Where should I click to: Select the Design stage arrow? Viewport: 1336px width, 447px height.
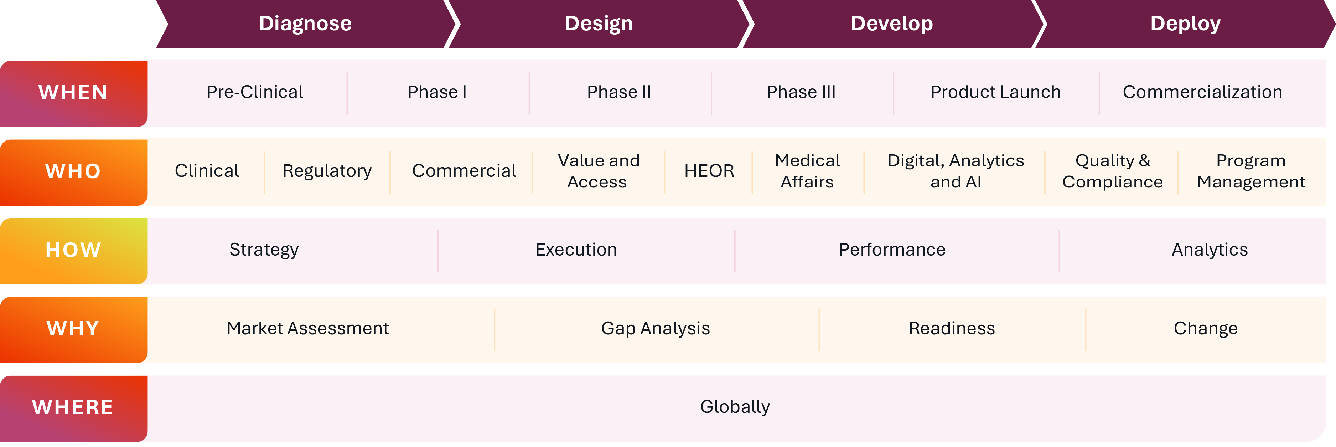pos(599,24)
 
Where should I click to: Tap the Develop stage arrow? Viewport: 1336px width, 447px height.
pos(892,24)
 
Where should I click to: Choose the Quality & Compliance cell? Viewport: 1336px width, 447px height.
pos(1113,171)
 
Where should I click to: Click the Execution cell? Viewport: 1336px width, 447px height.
pos(576,250)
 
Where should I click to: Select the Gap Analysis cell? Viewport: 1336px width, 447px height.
pos(656,329)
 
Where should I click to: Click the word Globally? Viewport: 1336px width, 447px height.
pos(735,407)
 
